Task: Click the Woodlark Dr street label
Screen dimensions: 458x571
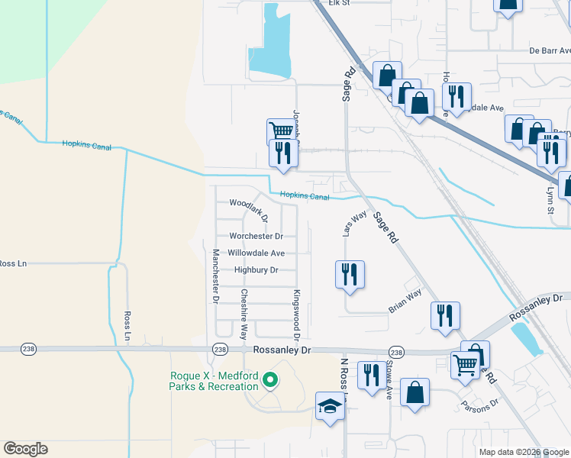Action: point(249,208)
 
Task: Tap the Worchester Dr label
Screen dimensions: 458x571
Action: point(256,237)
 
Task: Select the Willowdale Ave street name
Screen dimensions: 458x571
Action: point(256,253)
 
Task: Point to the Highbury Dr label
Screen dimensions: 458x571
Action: point(256,270)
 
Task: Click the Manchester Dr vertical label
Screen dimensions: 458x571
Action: point(216,276)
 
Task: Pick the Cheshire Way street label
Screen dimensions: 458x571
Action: point(244,314)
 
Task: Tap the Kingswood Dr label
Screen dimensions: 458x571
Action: point(296,314)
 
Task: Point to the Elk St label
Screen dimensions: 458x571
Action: point(339,3)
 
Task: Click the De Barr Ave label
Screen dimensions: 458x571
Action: point(550,51)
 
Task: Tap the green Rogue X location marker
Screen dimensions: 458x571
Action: point(269,379)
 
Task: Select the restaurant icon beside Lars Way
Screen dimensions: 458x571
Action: point(350,274)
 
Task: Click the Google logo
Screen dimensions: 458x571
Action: point(25,449)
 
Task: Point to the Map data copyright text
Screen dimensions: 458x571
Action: point(523,452)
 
